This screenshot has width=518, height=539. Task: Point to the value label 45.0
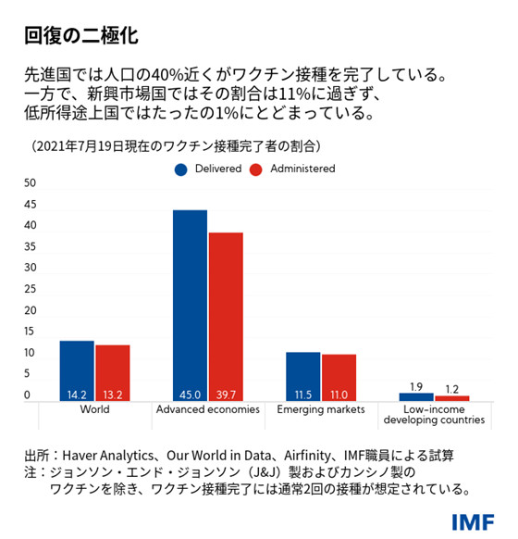click(x=191, y=394)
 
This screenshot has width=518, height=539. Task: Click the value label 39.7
click(x=226, y=394)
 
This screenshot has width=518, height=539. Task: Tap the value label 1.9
click(x=415, y=385)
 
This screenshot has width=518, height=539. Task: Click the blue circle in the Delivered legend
click(x=181, y=169)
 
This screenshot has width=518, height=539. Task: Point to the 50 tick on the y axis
click(x=30, y=183)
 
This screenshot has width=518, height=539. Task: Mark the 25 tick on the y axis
click(x=30, y=289)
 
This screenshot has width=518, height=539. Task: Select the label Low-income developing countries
click(x=434, y=415)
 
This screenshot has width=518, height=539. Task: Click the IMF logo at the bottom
click(x=474, y=521)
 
